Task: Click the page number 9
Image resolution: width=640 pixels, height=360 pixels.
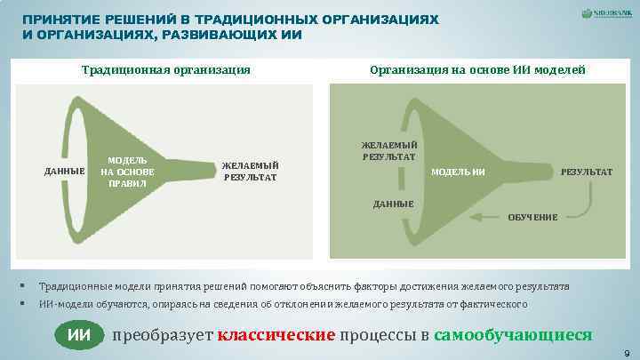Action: click(x=628, y=353)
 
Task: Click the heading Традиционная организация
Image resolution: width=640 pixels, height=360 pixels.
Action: click(x=165, y=69)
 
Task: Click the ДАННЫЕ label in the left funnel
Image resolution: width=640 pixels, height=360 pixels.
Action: click(x=61, y=172)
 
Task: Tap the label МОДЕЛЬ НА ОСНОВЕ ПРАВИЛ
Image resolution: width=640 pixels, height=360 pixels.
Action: click(x=128, y=172)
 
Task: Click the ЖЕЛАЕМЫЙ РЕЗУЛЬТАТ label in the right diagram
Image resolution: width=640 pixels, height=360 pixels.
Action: click(x=388, y=151)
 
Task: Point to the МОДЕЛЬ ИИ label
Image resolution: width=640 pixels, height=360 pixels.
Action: click(x=458, y=171)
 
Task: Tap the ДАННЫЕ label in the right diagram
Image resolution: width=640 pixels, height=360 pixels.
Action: click(x=393, y=204)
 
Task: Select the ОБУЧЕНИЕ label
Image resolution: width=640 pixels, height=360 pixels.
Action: click(x=533, y=218)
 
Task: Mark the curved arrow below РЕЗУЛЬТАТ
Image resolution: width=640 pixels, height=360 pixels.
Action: click(x=579, y=203)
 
